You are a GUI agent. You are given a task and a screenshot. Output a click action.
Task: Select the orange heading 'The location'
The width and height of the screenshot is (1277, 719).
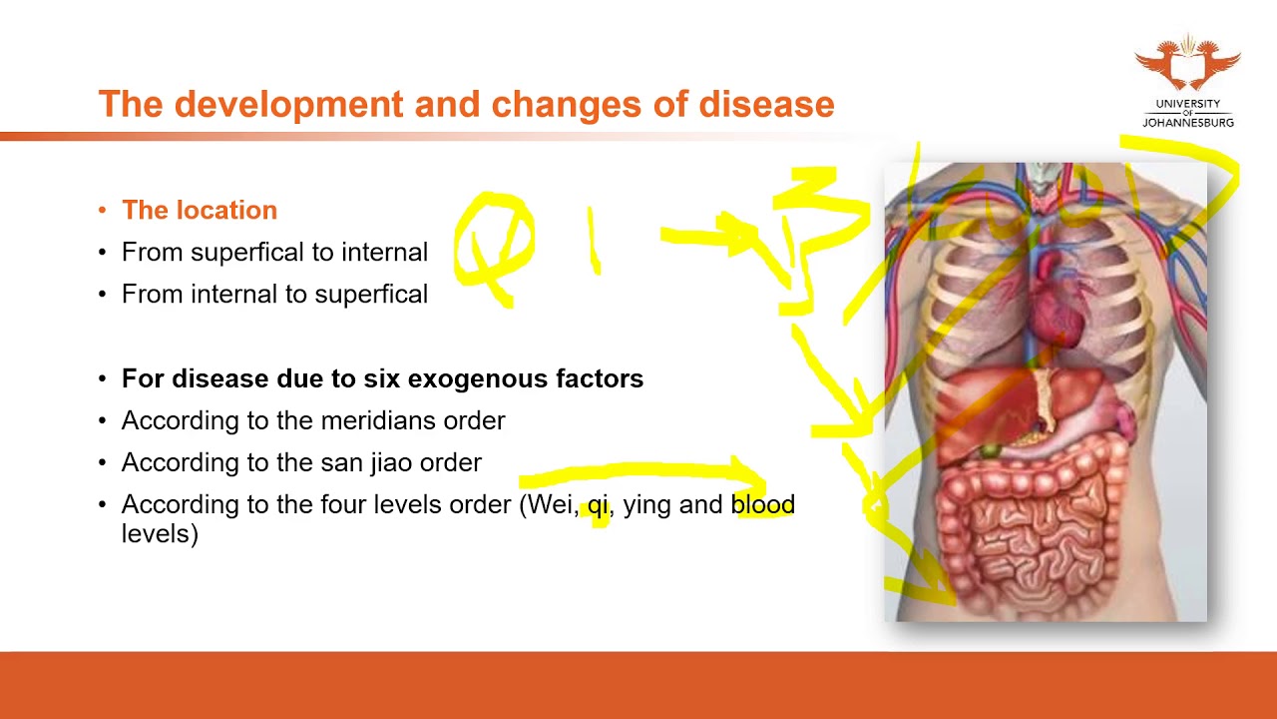coord(200,210)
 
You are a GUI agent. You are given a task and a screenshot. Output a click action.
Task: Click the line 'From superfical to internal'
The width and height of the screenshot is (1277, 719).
coord(274,252)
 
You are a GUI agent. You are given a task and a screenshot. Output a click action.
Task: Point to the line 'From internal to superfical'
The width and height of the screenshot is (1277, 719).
coord(274,294)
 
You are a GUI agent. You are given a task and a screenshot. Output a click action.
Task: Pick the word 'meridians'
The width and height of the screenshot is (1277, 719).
coord(383,420)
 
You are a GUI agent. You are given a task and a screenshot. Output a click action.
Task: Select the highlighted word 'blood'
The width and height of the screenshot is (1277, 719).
coord(763,504)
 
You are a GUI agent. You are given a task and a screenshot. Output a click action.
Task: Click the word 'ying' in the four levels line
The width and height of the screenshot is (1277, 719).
coord(646,505)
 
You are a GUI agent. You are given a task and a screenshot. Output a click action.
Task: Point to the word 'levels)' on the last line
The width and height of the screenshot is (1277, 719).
coord(160,533)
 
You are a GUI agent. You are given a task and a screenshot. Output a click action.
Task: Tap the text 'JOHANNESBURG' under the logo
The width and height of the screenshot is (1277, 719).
coord(1187,123)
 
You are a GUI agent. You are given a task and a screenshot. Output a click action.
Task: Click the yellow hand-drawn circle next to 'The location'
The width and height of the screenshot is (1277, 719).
coord(494,246)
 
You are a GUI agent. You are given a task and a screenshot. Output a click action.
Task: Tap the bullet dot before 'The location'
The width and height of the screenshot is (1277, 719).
coord(103,210)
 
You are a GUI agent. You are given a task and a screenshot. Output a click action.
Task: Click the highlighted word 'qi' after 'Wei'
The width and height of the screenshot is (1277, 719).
coord(598,505)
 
